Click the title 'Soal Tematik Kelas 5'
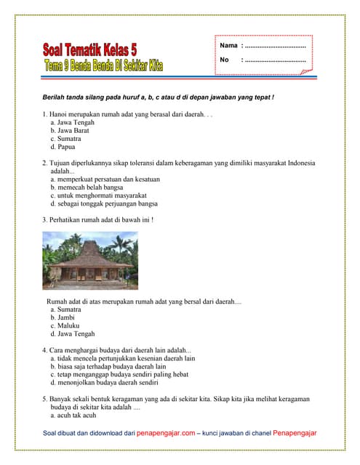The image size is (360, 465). [89, 50]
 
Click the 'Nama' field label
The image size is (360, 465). [228, 46]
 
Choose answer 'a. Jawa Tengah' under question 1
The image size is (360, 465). [72, 124]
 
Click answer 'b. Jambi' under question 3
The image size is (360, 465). [64, 318]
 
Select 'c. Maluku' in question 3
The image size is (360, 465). [65, 325]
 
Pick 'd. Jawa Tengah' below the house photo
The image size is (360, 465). [72, 334]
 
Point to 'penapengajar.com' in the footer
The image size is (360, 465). [166, 433]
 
